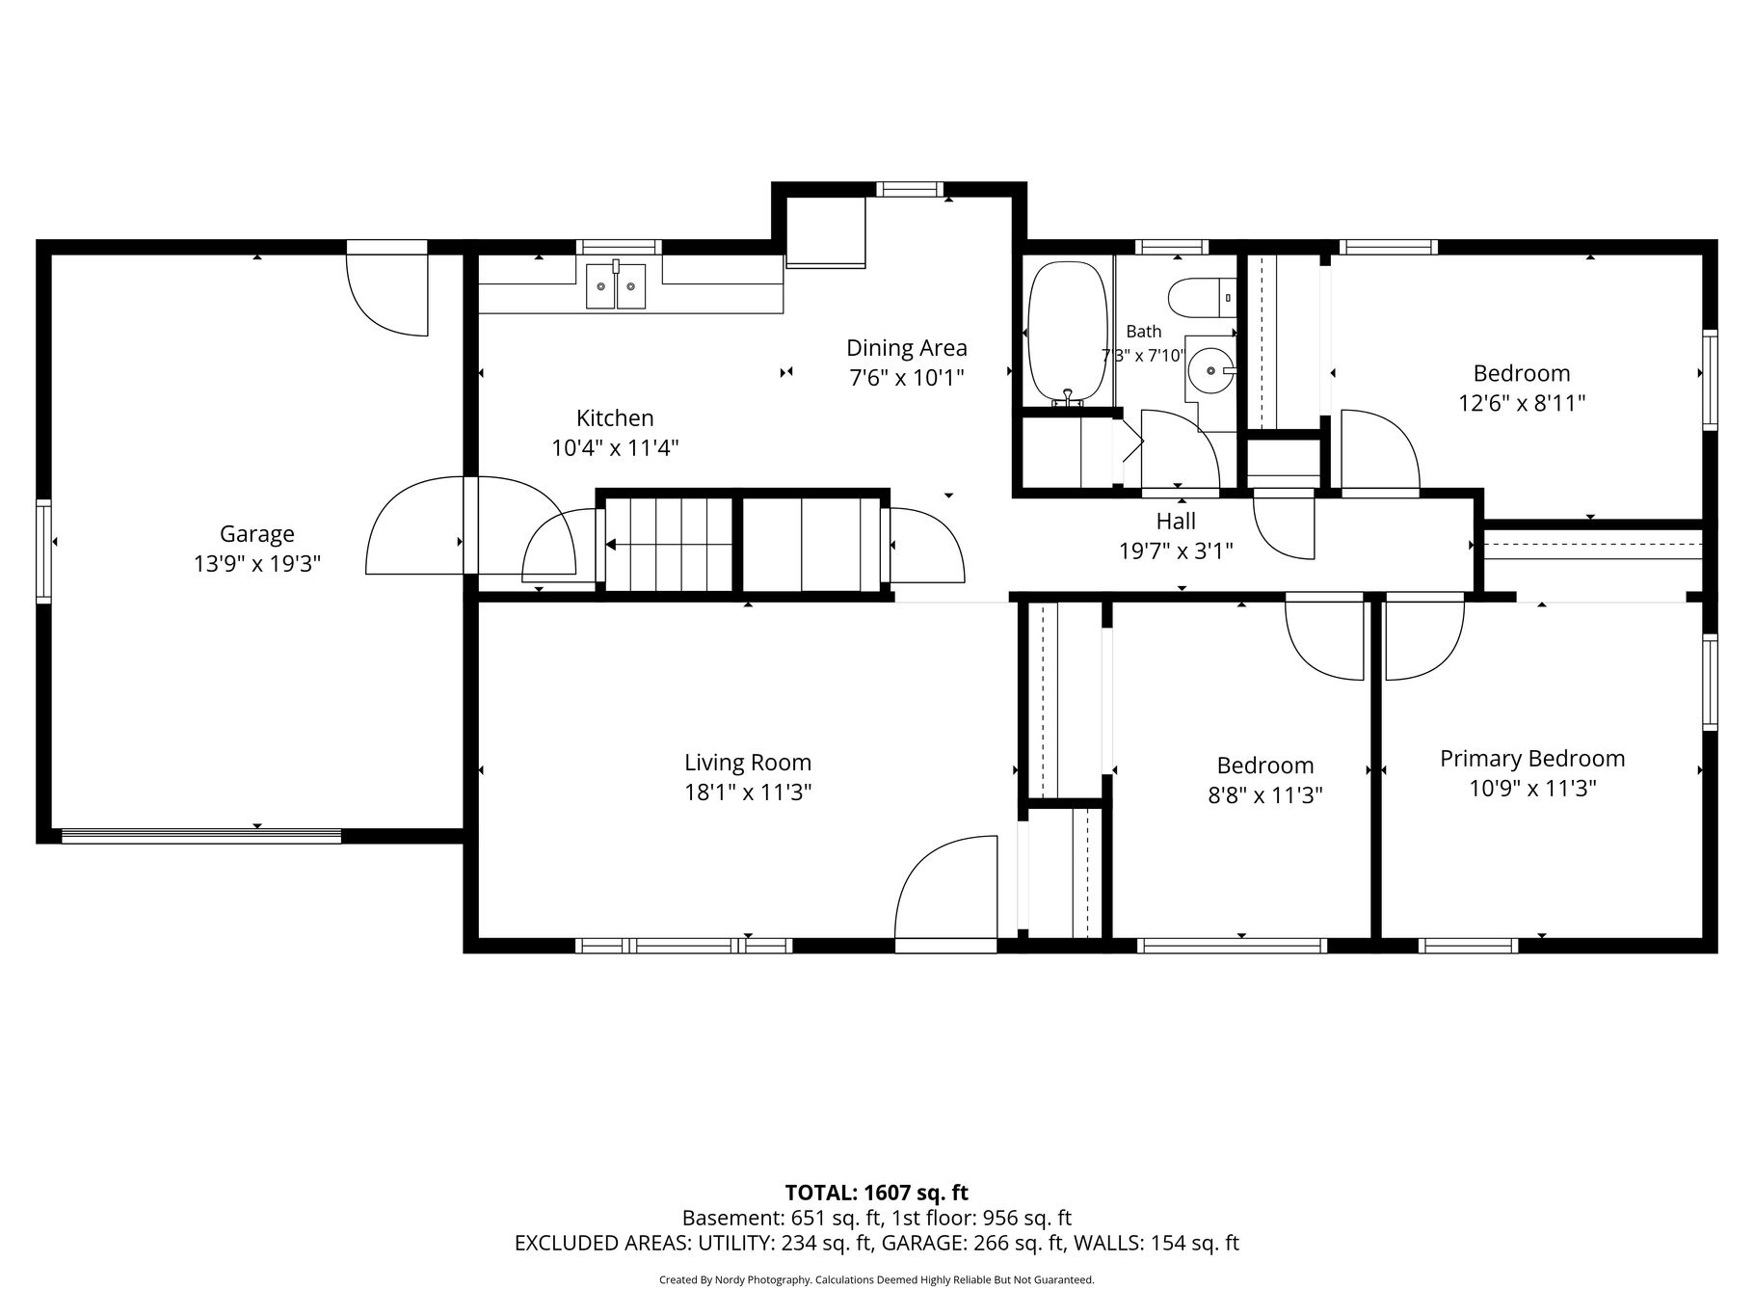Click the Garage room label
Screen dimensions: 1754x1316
tap(257, 533)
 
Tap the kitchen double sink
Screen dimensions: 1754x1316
tap(616, 285)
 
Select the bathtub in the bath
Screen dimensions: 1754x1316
tap(1067, 333)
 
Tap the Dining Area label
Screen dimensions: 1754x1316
tap(907, 348)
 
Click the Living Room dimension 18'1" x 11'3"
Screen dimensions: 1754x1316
tap(748, 792)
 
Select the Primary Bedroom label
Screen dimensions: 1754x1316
tap(1532, 759)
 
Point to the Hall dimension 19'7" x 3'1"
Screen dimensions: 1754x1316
tap(1176, 551)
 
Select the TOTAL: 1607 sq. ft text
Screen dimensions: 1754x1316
tap(877, 1194)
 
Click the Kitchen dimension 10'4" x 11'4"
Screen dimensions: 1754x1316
tap(615, 448)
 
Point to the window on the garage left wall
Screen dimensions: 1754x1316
tap(43, 551)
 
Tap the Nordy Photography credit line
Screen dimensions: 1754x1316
tap(877, 1280)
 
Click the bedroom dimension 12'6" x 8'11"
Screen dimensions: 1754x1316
tap(1522, 403)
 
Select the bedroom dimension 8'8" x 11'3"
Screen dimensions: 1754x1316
tap(1265, 795)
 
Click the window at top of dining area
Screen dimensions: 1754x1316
tap(910, 189)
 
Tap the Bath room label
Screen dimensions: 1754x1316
tap(1144, 332)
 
